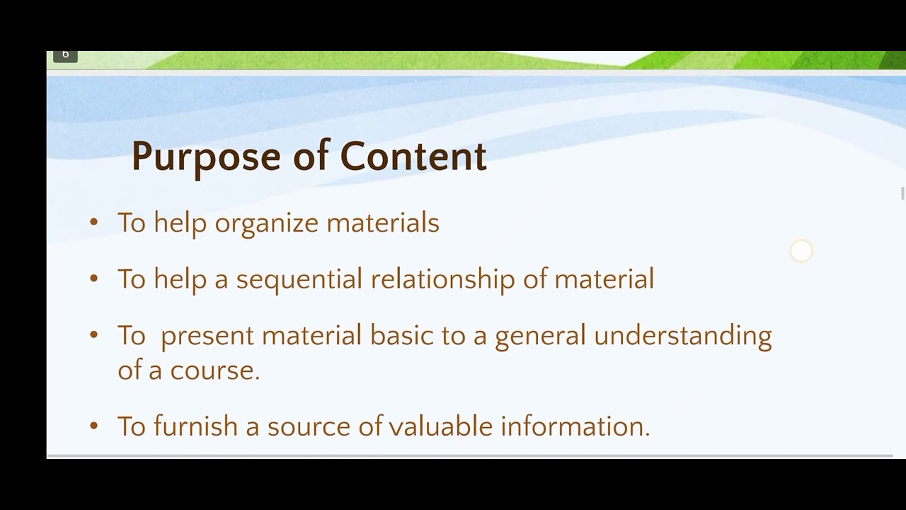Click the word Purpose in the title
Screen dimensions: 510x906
(x=206, y=157)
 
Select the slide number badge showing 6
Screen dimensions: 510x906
(x=65, y=55)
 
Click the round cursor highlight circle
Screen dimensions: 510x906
(x=801, y=251)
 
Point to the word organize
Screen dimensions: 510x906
(x=266, y=224)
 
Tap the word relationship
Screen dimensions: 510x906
(x=443, y=280)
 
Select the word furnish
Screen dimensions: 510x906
(x=195, y=426)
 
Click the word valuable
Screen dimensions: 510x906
(x=440, y=426)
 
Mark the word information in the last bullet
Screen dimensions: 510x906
(x=574, y=426)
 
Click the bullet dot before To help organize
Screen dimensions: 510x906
(x=94, y=222)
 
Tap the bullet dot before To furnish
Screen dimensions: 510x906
(x=94, y=426)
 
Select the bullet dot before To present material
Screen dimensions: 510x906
(x=94, y=334)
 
